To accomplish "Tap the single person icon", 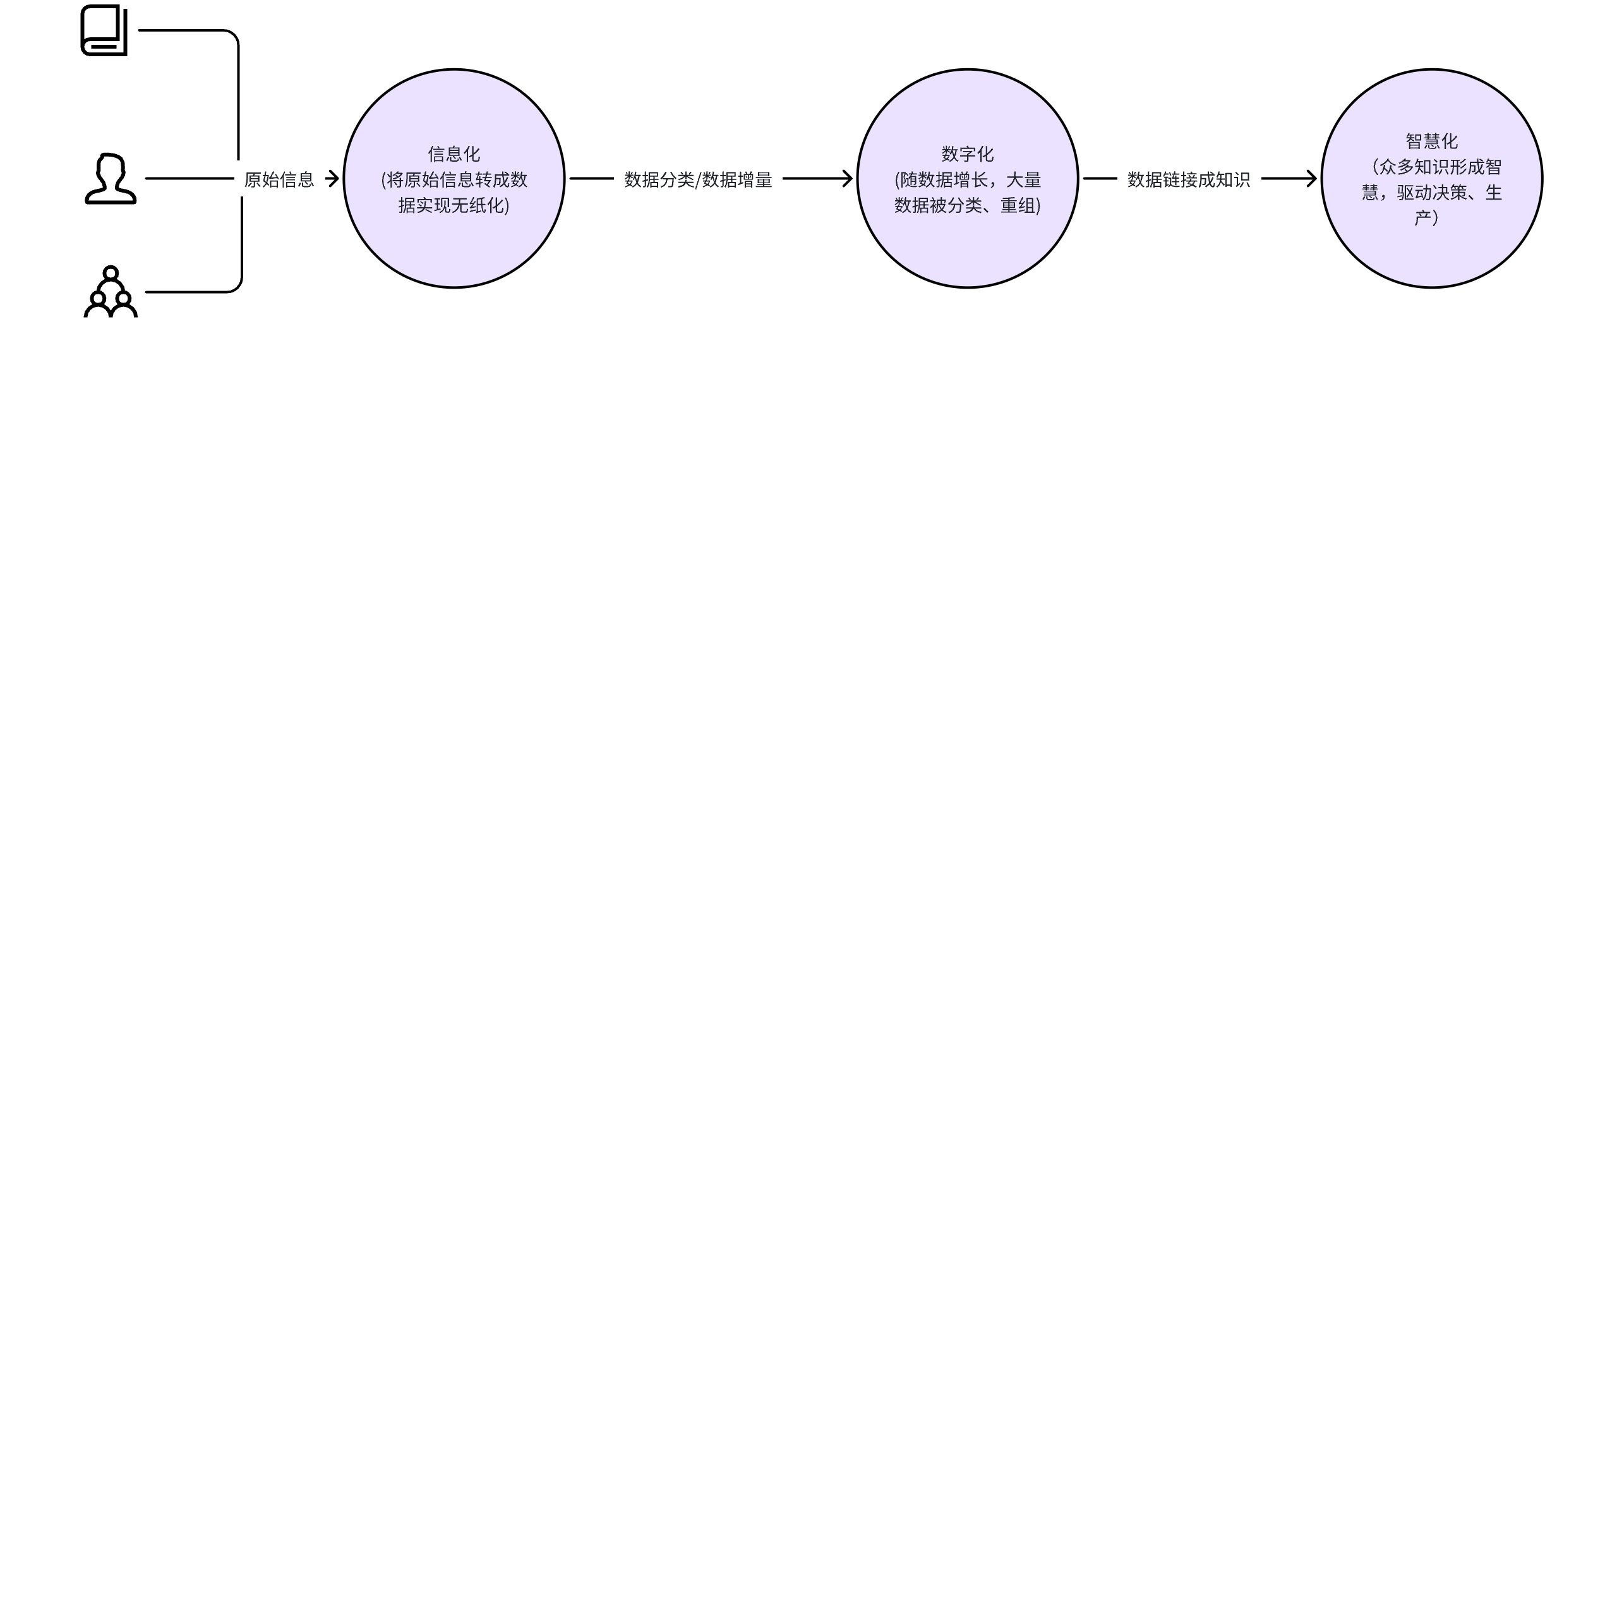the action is pyautogui.click(x=111, y=178).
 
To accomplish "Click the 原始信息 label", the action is pyautogui.click(x=279, y=179).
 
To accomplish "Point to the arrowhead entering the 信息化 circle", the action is pyautogui.click(x=334, y=178).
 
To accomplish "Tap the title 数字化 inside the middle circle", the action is pyautogui.click(x=968, y=154).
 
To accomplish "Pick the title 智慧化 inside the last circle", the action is pyautogui.click(x=1432, y=141).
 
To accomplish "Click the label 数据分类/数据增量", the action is pyautogui.click(x=698, y=180).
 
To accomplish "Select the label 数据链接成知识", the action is pyautogui.click(x=1189, y=180).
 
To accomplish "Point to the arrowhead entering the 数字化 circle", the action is pyautogui.click(x=847, y=178).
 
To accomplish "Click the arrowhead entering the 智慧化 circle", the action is pyautogui.click(x=1311, y=178).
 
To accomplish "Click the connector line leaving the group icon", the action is pyautogui.click(x=241, y=251).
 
